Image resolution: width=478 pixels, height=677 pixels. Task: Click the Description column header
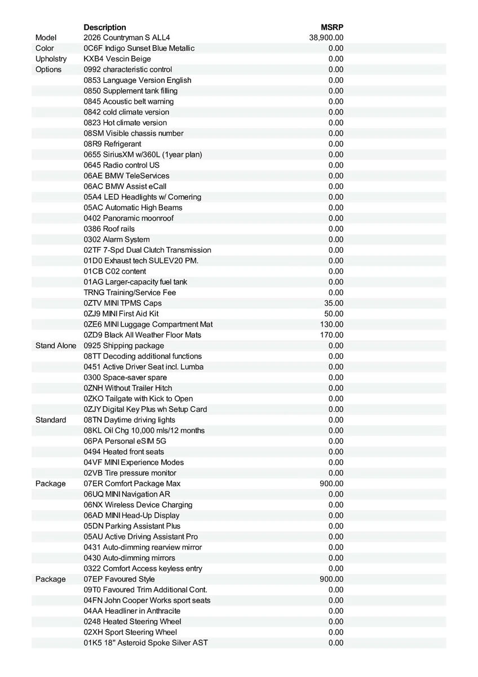tap(105, 27)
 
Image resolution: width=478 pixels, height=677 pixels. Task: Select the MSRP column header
tap(332, 27)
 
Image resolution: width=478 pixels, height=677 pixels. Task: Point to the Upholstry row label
tap(51, 59)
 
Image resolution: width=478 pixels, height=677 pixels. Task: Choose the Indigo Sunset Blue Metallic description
tap(139, 49)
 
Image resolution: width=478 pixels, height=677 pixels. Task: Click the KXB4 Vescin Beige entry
tap(117, 59)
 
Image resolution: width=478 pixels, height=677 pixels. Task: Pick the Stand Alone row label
tap(56, 346)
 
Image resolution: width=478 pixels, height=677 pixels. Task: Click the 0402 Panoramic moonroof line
tap(129, 218)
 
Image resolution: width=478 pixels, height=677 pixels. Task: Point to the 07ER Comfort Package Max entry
tap(132, 483)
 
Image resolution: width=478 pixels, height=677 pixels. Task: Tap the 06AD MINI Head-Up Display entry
tap(131, 516)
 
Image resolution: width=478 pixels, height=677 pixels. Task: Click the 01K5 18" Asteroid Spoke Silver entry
tap(145, 643)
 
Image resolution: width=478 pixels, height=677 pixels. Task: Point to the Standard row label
tap(51, 420)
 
